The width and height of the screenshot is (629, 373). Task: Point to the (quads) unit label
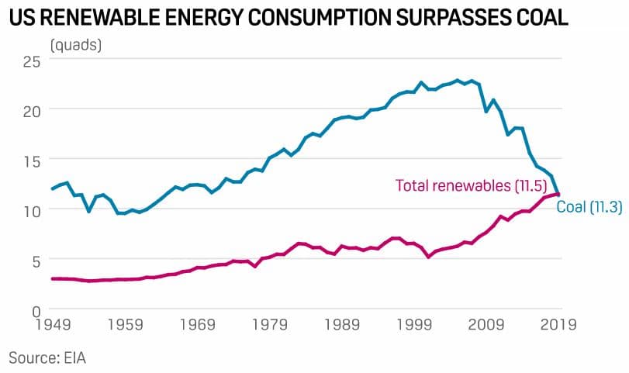[x=75, y=44]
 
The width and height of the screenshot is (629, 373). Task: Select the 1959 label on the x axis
[x=126, y=325]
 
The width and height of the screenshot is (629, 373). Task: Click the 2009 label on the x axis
[x=487, y=325]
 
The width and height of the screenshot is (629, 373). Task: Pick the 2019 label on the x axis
[x=558, y=325]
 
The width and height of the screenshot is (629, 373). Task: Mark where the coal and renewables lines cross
[x=557, y=194]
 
